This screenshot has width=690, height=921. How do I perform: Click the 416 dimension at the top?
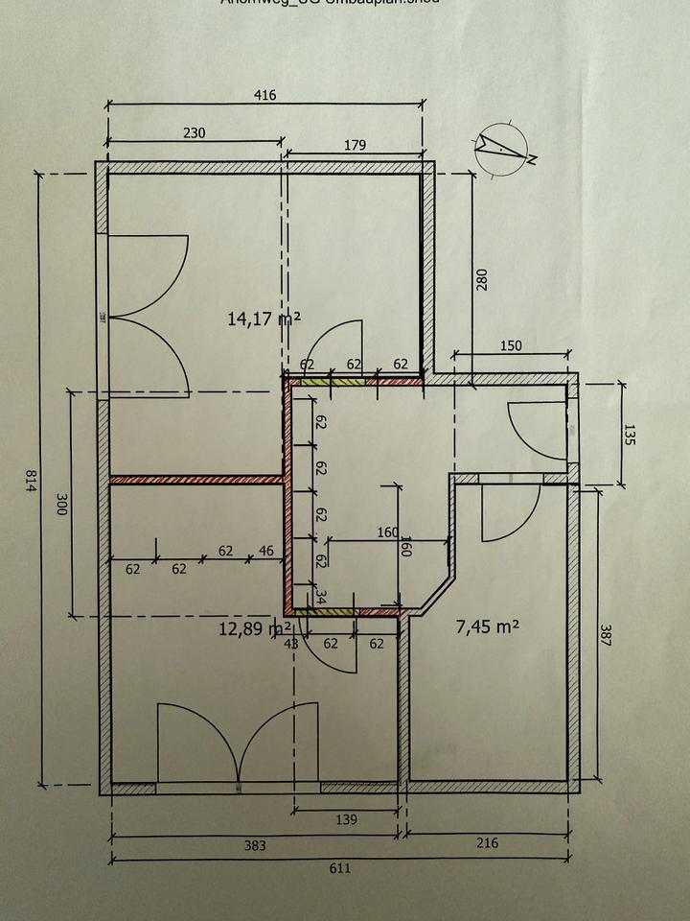pyautogui.click(x=265, y=95)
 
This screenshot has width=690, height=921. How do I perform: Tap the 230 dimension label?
pyautogui.click(x=194, y=133)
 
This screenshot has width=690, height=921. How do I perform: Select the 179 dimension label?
pyautogui.click(x=355, y=146)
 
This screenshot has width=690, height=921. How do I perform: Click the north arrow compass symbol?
pyautogui.click(x=502, y=149)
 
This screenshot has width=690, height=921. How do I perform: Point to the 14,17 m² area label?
pyautogui.click(x=264, y=318)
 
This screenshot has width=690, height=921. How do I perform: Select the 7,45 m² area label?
pyautogui.click(x=487, y=626)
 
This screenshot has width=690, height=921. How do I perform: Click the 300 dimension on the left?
pyautogui.click(x=59, y=506)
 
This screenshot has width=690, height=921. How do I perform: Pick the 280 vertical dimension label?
pyautogui.click(x=483, y=279)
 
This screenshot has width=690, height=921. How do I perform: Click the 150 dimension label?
pyautogui.click(x=511, y=346)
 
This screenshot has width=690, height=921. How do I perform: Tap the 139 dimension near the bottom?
pyautogui.click(x=347, y=819)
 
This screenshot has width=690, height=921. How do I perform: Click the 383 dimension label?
pyautogui.click(x=255, y=845)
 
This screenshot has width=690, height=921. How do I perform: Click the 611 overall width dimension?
pyautogui.click(x=340, y=868)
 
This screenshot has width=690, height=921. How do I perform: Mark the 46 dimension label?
pyautogui.click(x=265, y=551)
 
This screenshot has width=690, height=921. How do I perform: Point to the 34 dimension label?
pyautogui.click(x=320, y=595)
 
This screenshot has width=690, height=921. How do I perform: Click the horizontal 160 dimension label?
pyautogui.click(x=387, y=532)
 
